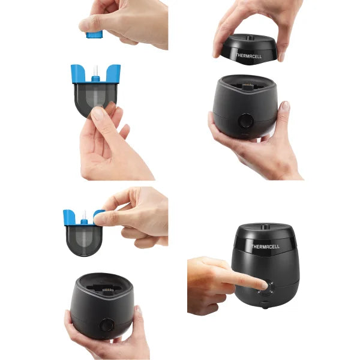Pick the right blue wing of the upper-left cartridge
[x=112, y=73]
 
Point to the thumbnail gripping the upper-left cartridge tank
[x=98, y=113]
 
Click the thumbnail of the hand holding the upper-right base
[x=286, y=106]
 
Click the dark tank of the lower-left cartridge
[x=83, y=237]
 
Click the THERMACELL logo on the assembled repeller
[x=265, y=246]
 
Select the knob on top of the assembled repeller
[x=265, y=226]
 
